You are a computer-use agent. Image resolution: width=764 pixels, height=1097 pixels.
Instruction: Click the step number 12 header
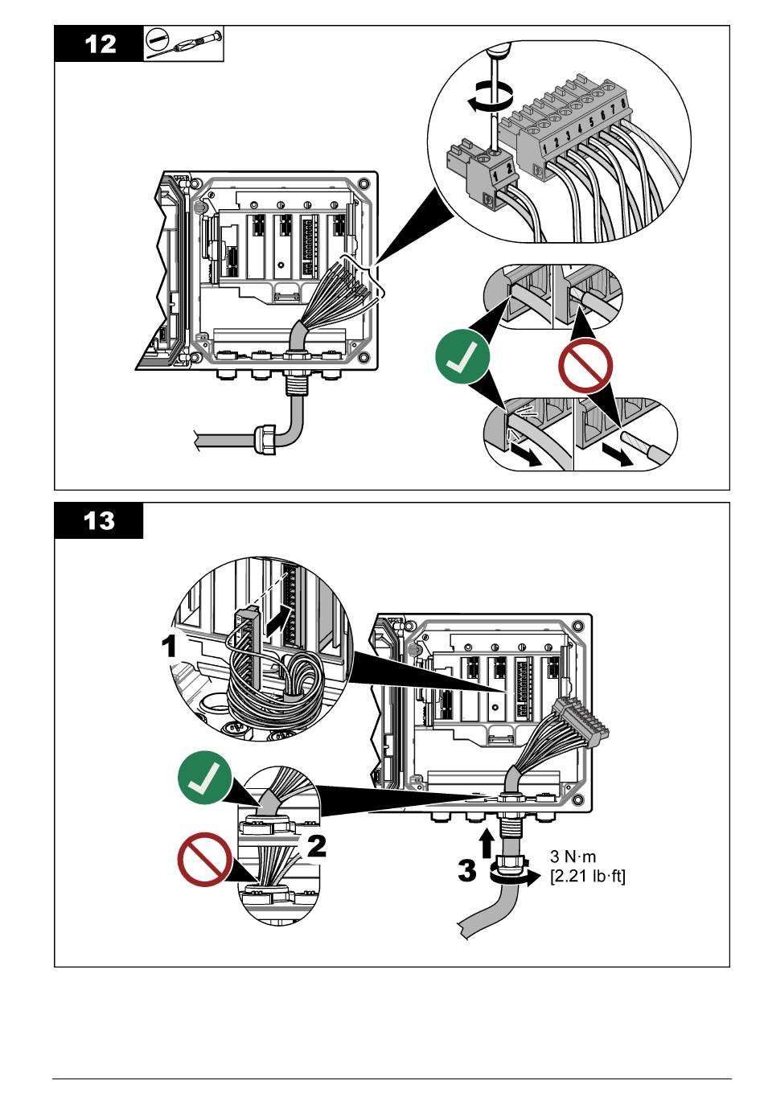tap(101, 44)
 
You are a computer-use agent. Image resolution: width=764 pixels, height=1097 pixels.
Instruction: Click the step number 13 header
tap(100, 520)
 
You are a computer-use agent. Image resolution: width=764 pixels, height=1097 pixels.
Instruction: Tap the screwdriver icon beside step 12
tap(183, 44)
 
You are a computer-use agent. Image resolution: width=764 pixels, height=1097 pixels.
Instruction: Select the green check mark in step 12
tap(462, 356)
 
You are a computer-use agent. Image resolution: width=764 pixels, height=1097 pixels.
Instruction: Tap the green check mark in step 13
tap(204, 777)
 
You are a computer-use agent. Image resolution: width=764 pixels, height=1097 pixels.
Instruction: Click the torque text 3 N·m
tap(573, 857)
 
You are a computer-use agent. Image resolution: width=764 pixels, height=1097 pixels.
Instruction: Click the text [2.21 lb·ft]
tap(588, 876)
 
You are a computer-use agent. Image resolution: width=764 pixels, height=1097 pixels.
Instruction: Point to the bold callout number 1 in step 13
tap(169, 646)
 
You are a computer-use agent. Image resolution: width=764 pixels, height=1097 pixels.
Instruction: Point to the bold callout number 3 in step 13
tap(467, 871)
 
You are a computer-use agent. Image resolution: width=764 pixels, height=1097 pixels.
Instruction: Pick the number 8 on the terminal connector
tap(622, 104)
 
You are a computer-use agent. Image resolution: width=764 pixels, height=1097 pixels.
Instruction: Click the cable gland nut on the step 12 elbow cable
tap(266, 439)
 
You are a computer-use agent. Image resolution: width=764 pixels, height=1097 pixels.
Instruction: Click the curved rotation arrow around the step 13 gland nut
tap(513, 878)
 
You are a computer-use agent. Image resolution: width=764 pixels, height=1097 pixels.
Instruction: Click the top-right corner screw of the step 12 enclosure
tap(363, 184)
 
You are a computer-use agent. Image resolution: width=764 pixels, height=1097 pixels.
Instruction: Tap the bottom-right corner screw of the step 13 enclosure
tap(577, 799)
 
